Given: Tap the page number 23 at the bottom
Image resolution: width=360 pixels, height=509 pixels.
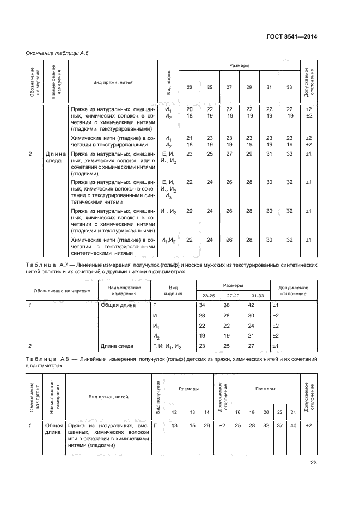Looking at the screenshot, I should [x=313, y=463].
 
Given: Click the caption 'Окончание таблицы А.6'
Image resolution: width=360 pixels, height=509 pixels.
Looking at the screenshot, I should [x=53, y=53].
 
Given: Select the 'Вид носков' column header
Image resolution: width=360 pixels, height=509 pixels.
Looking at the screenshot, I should [x=169, y=83].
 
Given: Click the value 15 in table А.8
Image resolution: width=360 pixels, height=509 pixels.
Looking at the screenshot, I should [x=192, y=425].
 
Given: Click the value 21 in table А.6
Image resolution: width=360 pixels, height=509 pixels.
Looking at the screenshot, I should [x=189, y=138].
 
